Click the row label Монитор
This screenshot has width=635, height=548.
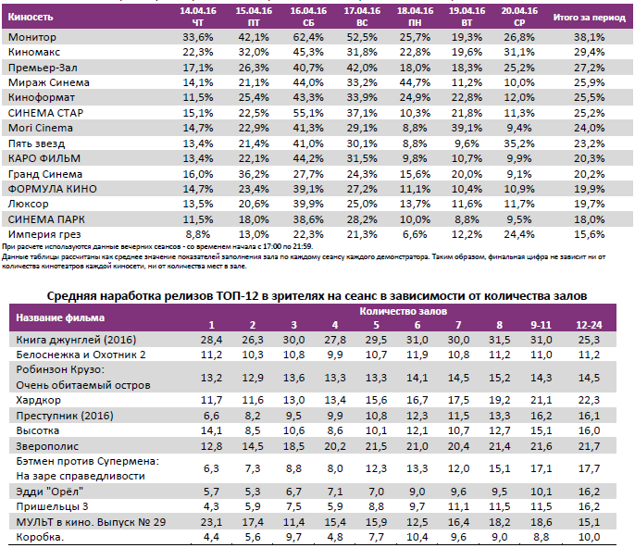[32, 37]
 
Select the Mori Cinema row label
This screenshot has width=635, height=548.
[41, 128]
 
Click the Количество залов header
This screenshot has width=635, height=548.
[398, 312]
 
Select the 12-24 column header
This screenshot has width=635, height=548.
[587, 325]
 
